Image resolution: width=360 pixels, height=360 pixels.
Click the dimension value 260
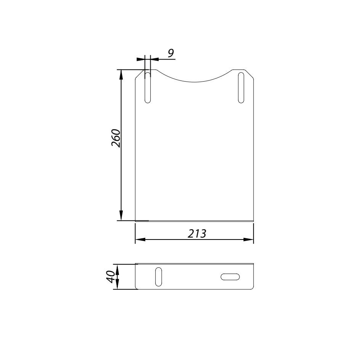[x=116, y=138]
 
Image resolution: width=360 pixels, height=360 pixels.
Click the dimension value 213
[x=197, y=234]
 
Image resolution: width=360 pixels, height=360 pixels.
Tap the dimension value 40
[x=111, y=276]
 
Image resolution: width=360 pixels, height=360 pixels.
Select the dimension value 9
[x=171, y=53]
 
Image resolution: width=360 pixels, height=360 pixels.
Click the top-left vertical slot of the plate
[x=148, y=87]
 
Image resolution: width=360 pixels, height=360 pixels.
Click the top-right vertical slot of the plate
[x=241, y=87]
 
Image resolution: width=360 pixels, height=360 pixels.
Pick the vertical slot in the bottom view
[x=158, y=276]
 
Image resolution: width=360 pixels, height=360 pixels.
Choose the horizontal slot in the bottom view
[x=230, y=277]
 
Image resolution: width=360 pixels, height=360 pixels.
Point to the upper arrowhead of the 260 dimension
[x=121, y=75]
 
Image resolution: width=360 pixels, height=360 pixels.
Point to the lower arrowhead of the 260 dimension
[x=121, y=215]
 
